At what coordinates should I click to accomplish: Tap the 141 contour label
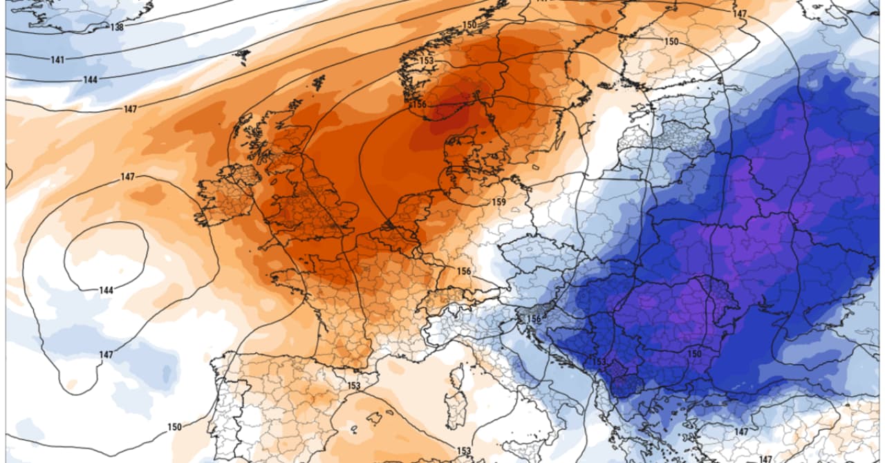tap(57, 59)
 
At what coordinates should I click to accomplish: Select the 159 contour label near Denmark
tap(499, 202)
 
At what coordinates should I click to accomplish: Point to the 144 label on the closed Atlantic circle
tap(105, 290)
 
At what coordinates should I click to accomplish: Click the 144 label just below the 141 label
tap(90, 80)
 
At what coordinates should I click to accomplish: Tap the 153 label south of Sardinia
tap(464, 451)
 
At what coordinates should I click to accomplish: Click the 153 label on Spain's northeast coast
tap(354, 386)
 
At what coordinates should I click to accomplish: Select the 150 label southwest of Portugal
tap(174, 427)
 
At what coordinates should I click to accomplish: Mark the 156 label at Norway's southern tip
tap(419, 104)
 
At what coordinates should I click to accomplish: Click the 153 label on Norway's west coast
tap(426, 61)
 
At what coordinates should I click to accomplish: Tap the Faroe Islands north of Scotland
tap(241, 55)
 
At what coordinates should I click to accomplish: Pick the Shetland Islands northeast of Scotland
tap(319, 82)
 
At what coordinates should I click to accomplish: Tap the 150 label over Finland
tap(671, 41)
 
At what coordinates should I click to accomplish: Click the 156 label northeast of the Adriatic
tap(533, 319)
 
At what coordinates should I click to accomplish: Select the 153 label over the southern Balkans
tap(599, 361)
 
